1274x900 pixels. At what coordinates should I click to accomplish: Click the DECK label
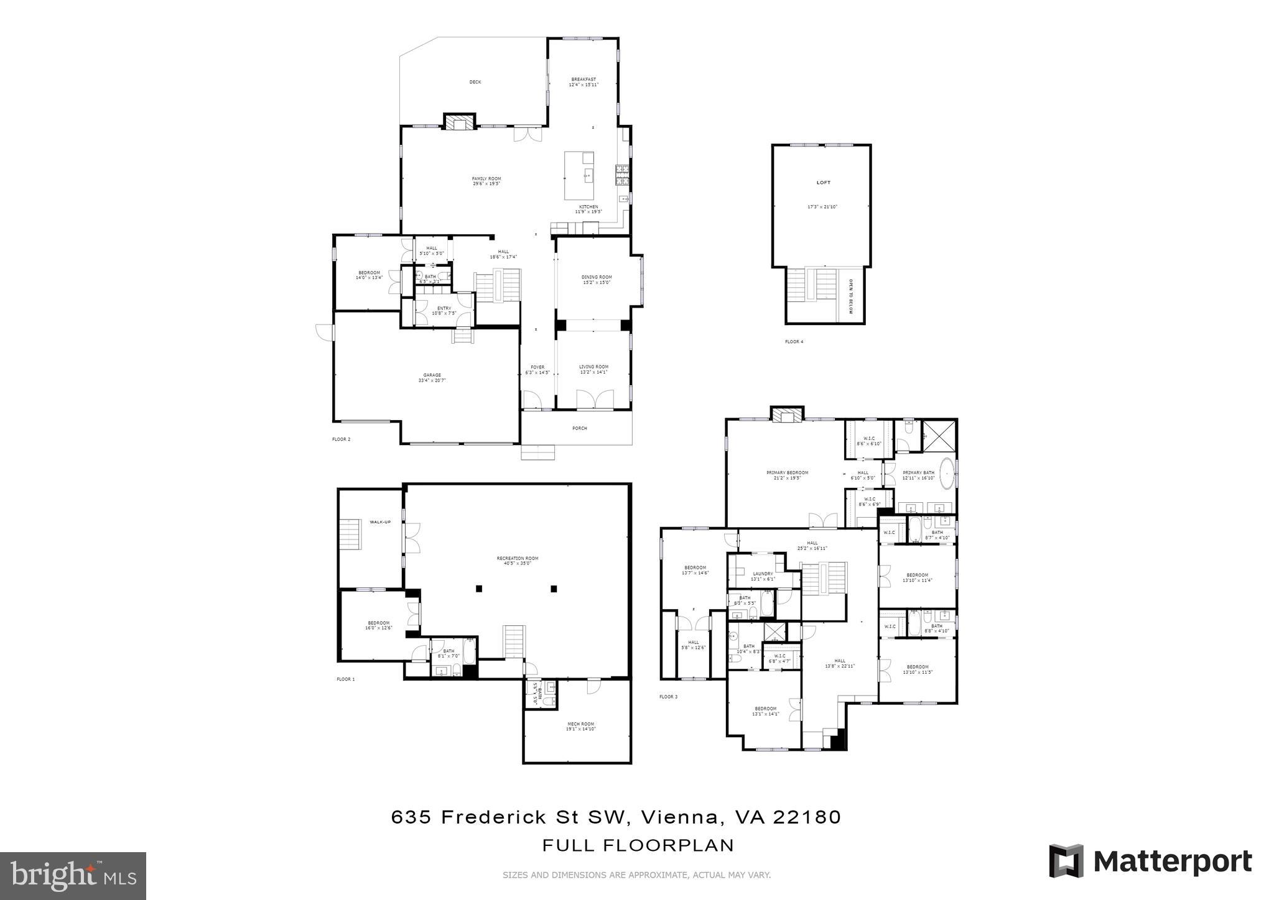pyautogui.click(x=475, y=82)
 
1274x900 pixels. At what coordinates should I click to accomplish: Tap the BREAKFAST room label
pyautogui.click(x=584, y=80)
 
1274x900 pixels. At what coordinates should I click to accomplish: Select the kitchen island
pyautogui.click(x=579, y=175)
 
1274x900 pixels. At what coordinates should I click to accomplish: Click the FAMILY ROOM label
pyautogui.click(x=486, y=179)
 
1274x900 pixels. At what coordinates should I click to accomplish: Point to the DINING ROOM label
pyautogui.click(x=597, y=277)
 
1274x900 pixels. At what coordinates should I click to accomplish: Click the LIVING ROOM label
pyautogui.click(x=593, y=367)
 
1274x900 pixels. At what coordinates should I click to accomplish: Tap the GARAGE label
pyautogui.click(x=432, y=375)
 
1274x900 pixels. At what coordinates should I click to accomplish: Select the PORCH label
pyautogui.click(x=579, y=428)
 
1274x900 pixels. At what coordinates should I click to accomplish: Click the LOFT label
pyautogui.click(x=823, y=183)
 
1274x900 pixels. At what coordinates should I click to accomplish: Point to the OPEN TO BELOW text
pyautogui.click(x=851, y=296)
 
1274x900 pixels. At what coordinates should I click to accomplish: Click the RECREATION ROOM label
pyautogui.click(x=517, y=559)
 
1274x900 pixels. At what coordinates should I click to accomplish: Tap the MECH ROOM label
pyautogui.click(x=580, y=724)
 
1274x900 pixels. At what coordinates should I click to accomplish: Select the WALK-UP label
pyautogui.click(x=380, y=522)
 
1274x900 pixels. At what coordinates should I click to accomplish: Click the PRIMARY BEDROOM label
pyautogui.click(x=787, y=473)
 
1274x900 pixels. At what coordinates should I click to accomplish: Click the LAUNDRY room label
pyautogui.click(x=763, y=574)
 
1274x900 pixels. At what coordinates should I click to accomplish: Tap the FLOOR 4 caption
pyautogui.click(x=794, y=342)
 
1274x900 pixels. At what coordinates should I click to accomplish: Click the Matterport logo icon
pyautogui.click(x=1066, y=861)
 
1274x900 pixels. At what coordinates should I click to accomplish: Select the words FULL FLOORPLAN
pyautogui.click(x=638, y=845)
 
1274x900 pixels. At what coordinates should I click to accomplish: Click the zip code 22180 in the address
pyautogui.click(x=807, y=817)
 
